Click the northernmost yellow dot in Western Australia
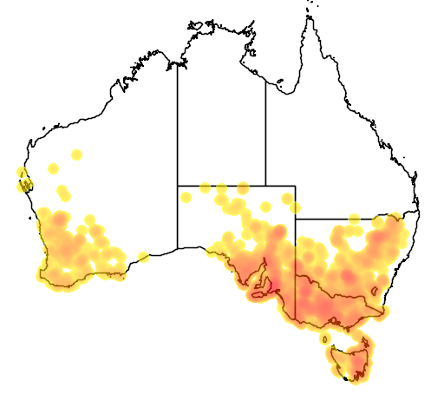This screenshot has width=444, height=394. pos(76,154)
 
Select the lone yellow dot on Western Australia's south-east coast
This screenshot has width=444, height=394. pos(143,257)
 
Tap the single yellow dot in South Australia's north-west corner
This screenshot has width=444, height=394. pos(186,197)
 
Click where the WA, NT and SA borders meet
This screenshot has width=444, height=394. pos(178,185)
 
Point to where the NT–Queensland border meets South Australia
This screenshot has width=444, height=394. pos(265,185)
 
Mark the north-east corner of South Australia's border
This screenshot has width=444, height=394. pos(296,185)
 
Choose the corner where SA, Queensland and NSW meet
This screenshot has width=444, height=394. pos(296,220)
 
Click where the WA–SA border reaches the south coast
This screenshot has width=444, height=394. pos(178,248)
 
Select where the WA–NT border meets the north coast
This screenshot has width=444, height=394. pos(178,63)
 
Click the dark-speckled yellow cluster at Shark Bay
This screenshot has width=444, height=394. pos(24,181)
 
